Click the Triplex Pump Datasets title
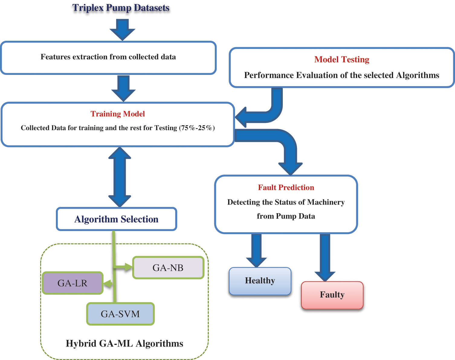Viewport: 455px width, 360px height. point(121,8)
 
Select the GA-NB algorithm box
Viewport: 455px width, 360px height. point(168,268)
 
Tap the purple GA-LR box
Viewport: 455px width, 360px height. point(73,283)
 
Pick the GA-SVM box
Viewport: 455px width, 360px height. point(120,314)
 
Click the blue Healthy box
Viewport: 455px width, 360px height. point(260,281)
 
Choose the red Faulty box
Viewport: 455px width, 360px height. point(332,295)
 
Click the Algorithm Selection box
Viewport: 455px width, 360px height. point(116,219)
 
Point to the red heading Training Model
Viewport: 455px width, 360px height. point(118,114)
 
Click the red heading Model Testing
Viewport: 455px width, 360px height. point(342,59)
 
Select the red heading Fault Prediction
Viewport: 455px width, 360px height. point(286,188)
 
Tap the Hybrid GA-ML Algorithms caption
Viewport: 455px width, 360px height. point(124,344)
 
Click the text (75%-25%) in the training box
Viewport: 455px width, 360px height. point(197,128)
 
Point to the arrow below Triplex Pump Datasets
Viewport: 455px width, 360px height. point(122,29)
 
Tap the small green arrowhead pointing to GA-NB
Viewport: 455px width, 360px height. point(128,267)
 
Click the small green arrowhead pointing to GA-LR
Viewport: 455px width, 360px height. point(108,284)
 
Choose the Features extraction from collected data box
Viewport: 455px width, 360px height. point(108,57)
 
